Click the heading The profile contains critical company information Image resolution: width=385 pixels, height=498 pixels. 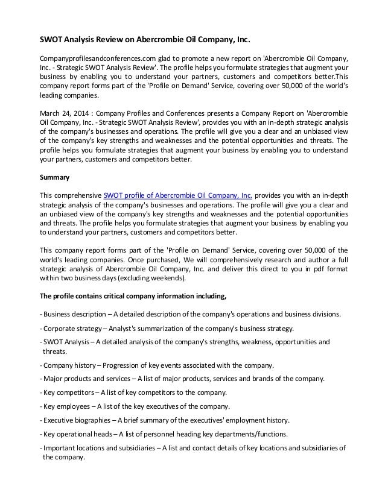pos(132,296)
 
